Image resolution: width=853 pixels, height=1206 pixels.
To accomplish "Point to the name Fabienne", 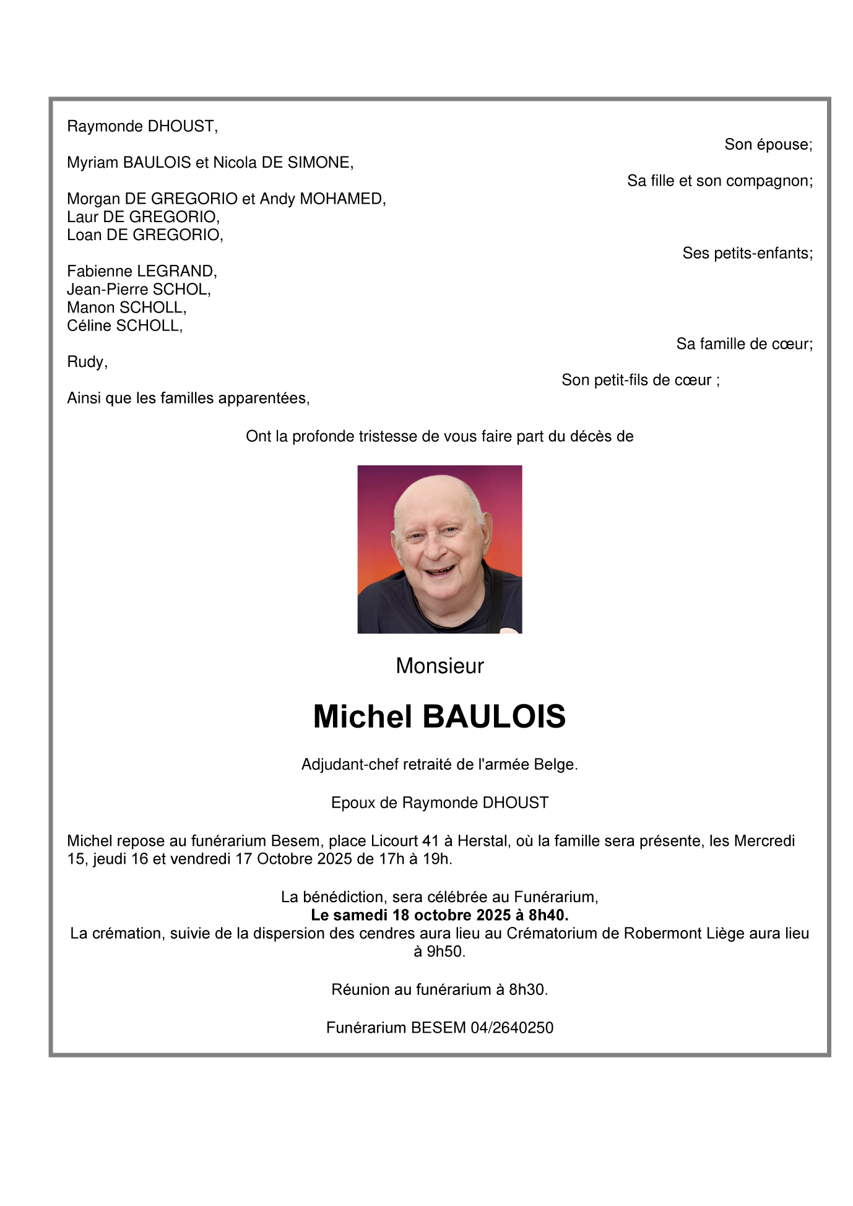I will [x=100, y=271].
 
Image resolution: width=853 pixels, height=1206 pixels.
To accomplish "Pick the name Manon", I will [x=91, y=308].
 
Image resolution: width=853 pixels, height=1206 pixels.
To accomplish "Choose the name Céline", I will [x=90, y=325].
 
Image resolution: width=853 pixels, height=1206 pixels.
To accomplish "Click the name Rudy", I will [x=85, y=362].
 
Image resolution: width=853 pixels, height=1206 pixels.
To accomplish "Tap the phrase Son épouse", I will [x=768, y=145].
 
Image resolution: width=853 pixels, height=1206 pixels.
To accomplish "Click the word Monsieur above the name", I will [x=439, y=666].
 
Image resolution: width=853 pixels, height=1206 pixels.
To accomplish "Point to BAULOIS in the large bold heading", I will [x=494, y=717].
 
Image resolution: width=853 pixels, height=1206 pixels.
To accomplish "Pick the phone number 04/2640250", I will [x=512, y=1028].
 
